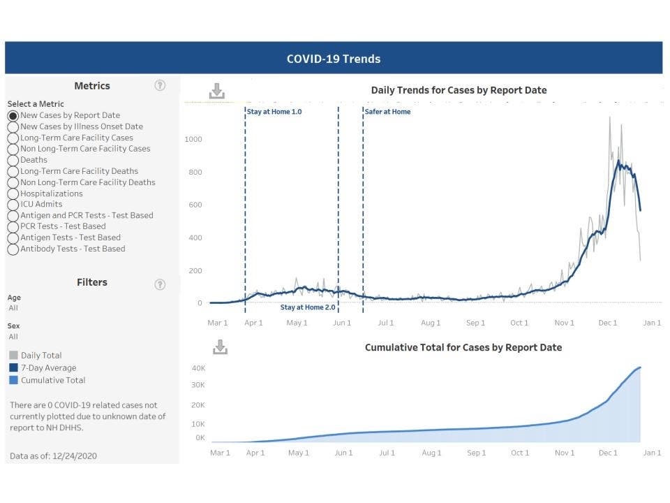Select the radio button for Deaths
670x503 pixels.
13,160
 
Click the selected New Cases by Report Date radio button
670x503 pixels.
13,115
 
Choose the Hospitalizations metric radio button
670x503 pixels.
13,194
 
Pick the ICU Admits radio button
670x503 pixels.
13,205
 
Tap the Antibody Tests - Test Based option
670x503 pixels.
13,249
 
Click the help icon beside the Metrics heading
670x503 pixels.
160,85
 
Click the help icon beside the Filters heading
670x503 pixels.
160,284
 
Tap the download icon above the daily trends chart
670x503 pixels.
216,91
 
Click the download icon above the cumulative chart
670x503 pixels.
220,347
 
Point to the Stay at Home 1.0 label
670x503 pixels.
274,112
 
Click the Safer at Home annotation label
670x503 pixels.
387,112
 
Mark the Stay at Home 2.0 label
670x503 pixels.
308,307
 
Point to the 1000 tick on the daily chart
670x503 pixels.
193,139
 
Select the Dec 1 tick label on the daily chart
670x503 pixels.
608,323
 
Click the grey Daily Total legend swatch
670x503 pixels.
14,356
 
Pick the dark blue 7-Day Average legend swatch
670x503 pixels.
14,368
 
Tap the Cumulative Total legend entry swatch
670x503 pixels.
14,381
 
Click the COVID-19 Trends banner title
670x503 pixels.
334,59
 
